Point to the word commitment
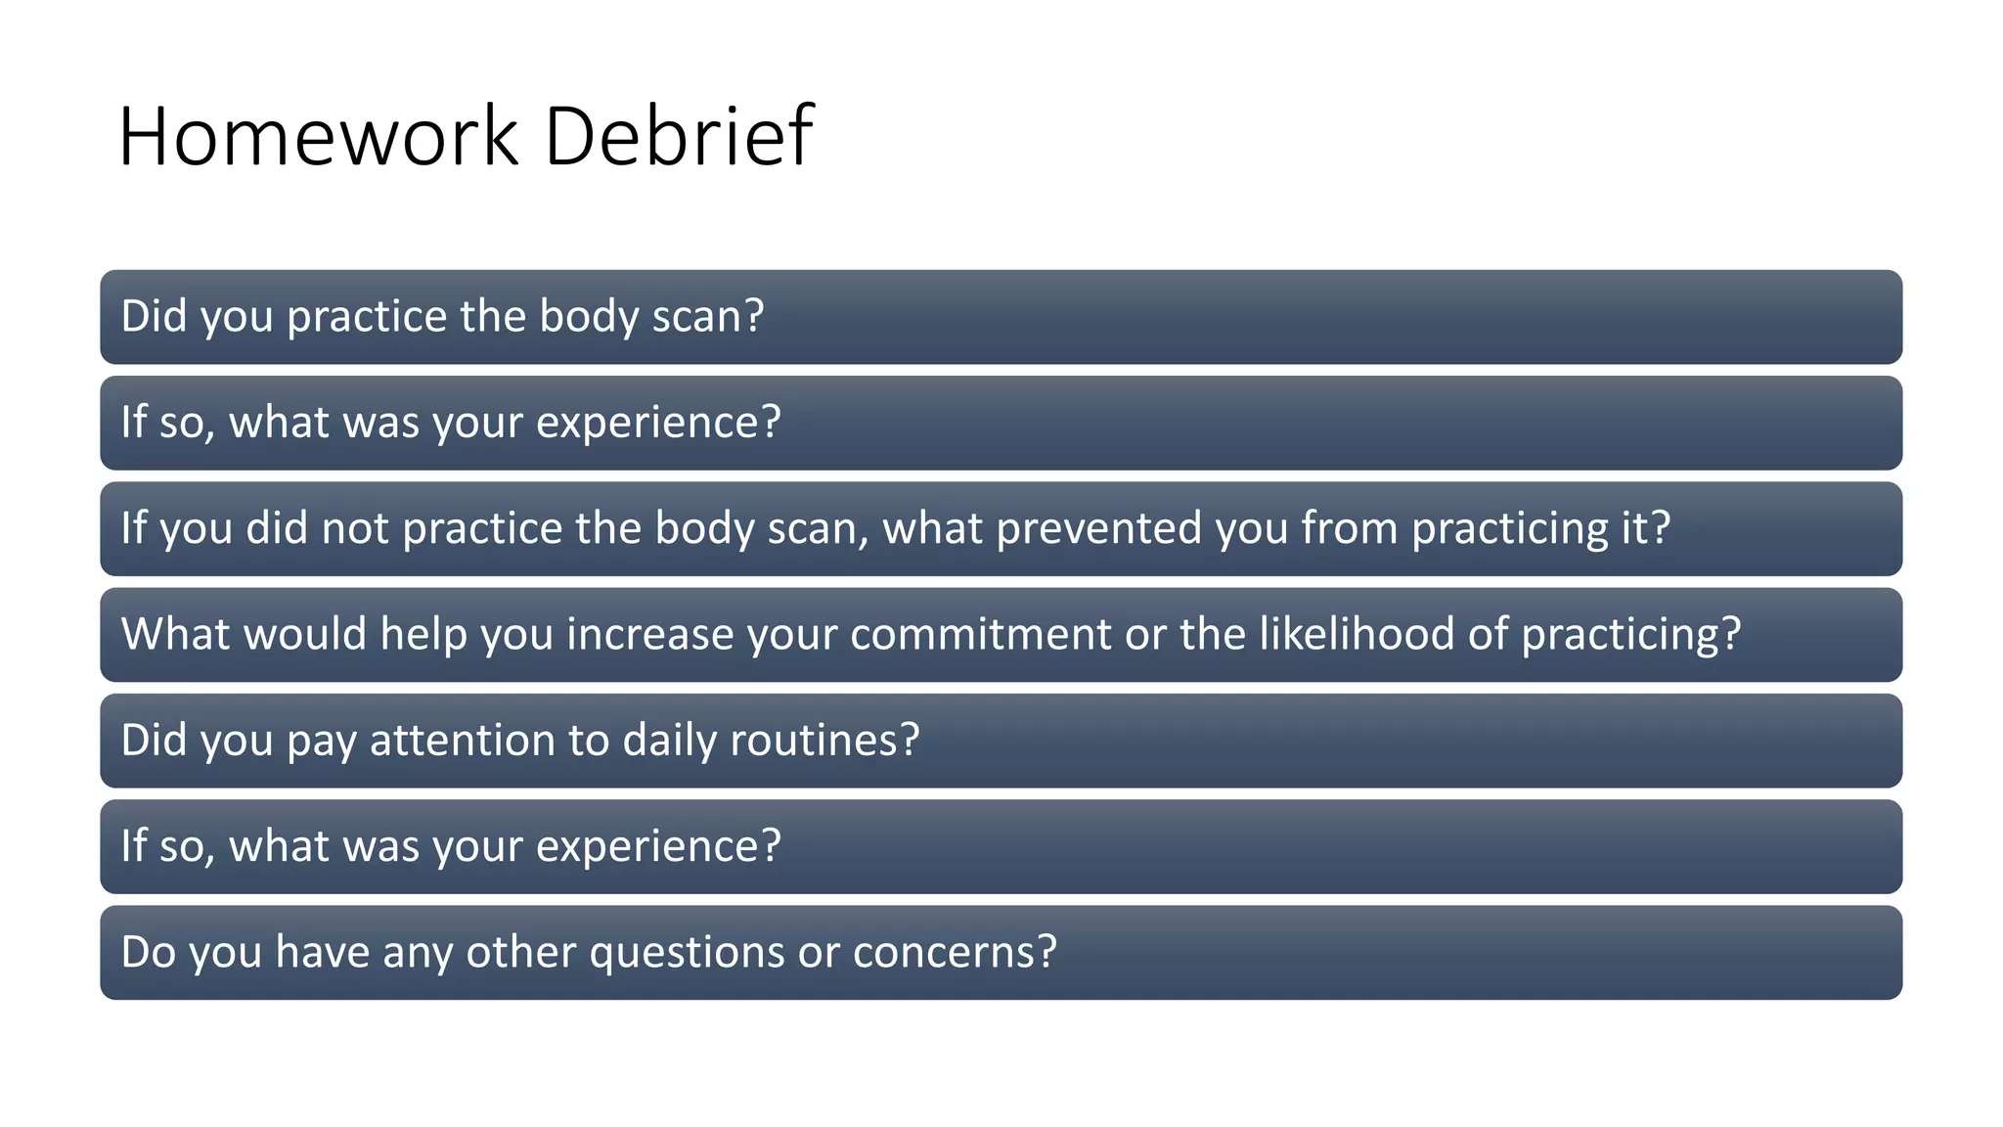(x=981, y=634)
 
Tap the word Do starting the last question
(x=148, y=952)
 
